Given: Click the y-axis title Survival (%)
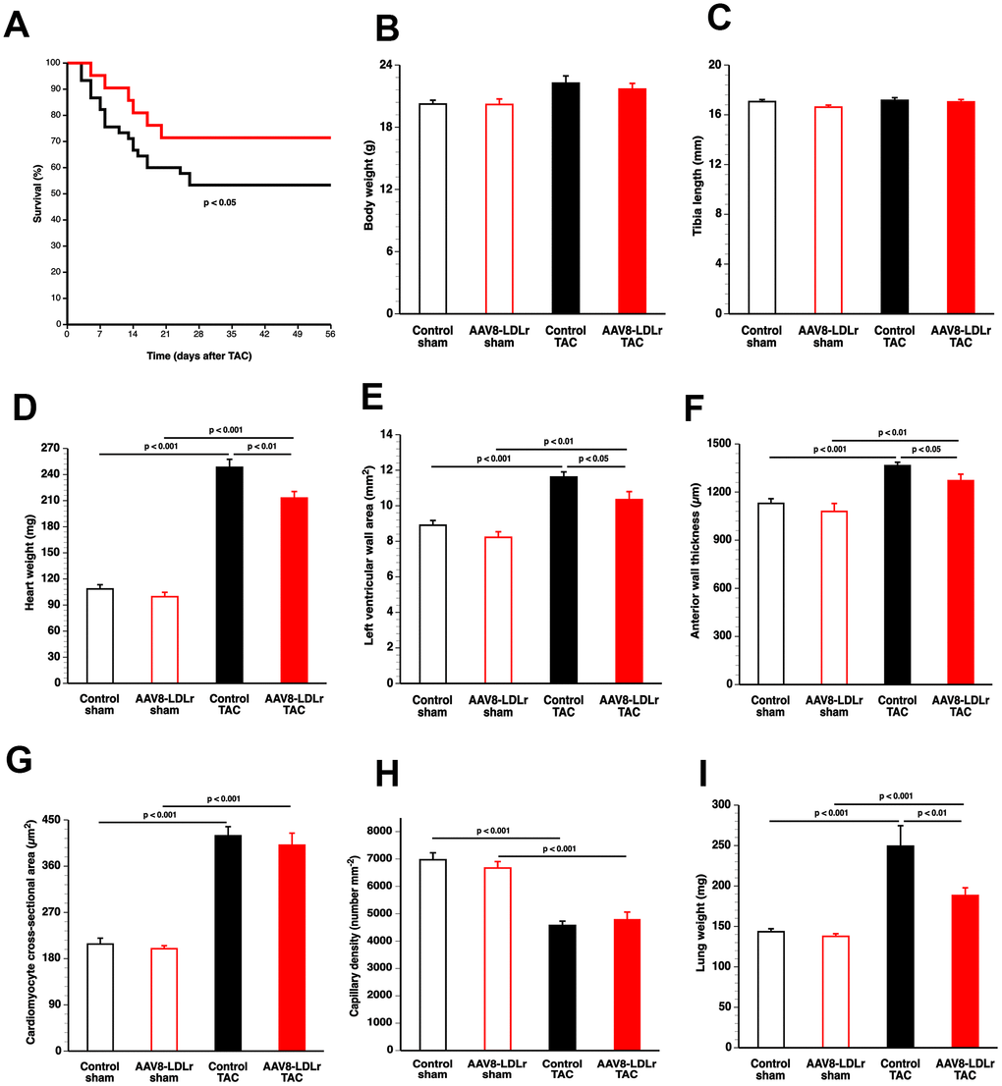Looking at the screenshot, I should point(38,191).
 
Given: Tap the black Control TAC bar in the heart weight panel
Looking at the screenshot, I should point(229,574).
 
